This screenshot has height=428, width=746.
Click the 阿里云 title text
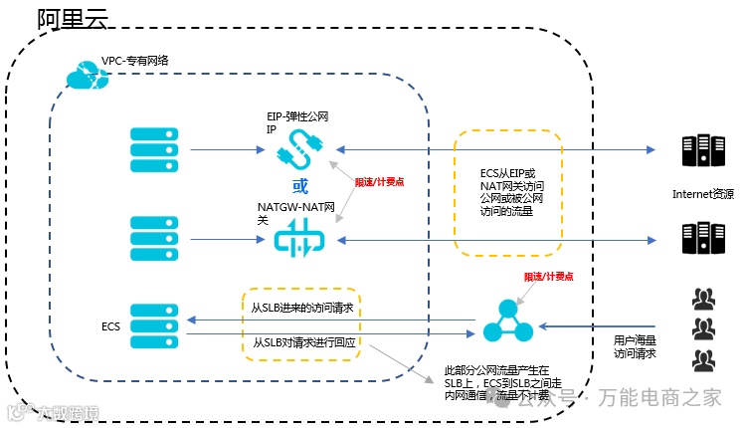72,18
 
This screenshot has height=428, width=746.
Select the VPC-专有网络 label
135,61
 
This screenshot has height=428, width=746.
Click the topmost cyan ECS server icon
155,150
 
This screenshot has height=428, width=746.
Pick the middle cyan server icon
155,238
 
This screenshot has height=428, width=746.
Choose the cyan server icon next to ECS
155,324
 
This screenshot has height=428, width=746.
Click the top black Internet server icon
703,151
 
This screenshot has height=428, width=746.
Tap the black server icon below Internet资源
703,239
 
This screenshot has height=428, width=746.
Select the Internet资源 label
704,194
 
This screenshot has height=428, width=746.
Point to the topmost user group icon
704,298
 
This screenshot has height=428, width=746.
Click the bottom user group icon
704,359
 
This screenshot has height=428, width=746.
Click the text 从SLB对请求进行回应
302,342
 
